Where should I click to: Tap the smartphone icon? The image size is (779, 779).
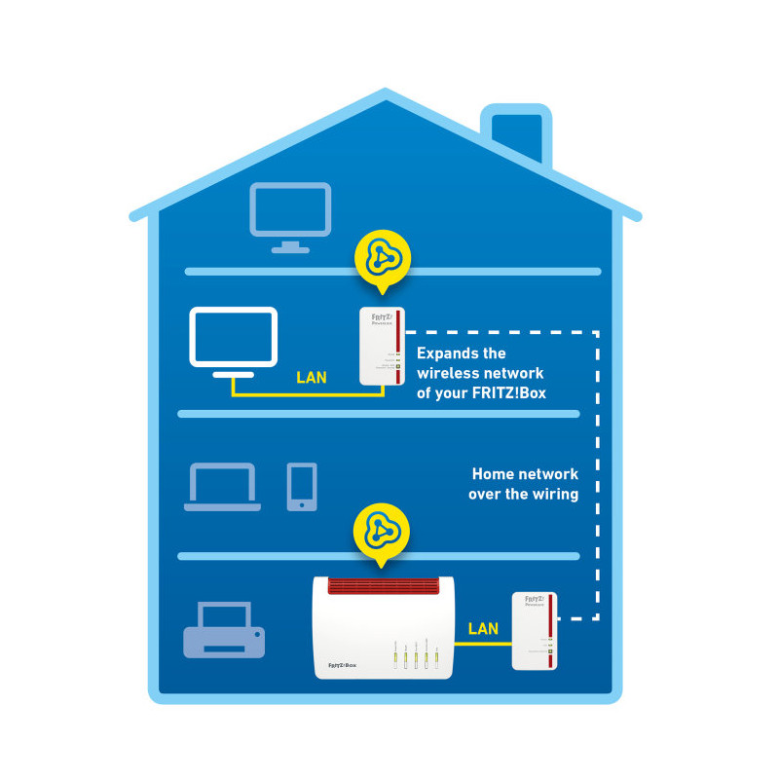pos(302,486)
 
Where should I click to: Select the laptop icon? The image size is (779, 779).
pos(223,487)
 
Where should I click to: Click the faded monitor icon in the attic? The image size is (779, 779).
pos(290,216)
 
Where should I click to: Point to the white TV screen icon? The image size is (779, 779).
pos(234,342)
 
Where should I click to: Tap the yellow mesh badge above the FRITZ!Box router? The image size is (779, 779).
pos(382,534)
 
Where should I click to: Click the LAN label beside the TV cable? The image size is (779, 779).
pos(312,377)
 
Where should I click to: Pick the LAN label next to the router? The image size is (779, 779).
pos(483,629)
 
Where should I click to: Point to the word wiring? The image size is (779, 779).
pos(554,494)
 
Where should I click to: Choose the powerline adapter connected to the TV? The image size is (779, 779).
pos(382,347)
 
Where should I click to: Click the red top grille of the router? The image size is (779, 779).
pos(385,586)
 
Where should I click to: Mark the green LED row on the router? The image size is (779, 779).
pos(416,658)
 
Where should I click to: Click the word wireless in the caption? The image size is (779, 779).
pos(454,374)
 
